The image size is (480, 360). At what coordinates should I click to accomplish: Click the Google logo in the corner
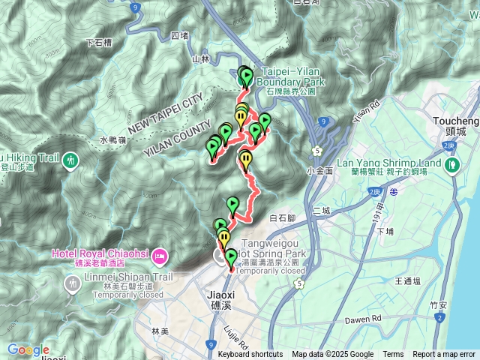28,349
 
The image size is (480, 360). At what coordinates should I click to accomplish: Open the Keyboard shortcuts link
250,355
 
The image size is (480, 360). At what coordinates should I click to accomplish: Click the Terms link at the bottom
393,355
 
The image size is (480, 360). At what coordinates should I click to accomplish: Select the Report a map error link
444,355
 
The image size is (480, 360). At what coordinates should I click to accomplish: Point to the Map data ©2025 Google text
333,355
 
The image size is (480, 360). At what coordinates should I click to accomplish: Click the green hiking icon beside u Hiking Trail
70,159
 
